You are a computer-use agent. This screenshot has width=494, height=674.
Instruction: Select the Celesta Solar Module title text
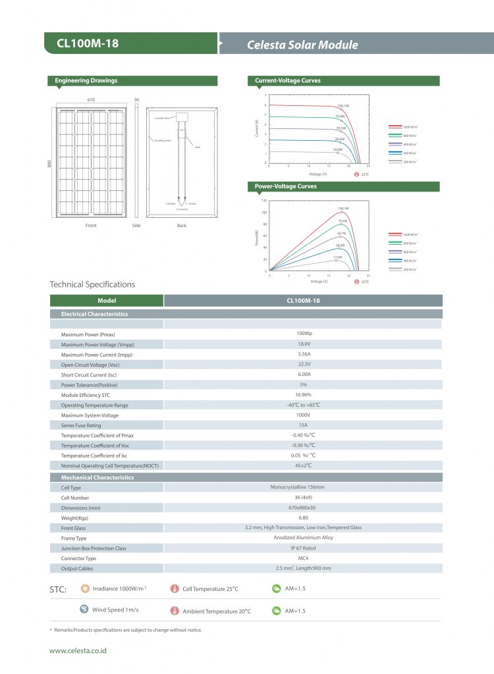point(302,45)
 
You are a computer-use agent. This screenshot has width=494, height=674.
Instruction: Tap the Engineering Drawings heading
point(86,81)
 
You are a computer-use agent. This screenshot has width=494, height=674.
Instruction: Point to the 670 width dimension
point(91,100)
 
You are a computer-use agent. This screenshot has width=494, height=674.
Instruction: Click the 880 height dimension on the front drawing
point(49,163)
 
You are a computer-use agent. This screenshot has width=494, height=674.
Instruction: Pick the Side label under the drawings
point(136,226)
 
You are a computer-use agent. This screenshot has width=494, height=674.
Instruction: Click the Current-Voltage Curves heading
point(288,81)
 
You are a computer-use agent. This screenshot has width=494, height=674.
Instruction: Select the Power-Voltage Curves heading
point(286,186)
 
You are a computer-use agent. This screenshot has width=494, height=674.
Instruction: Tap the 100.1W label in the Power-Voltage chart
point(343,209)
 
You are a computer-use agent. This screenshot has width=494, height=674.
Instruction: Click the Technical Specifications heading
point(92,284)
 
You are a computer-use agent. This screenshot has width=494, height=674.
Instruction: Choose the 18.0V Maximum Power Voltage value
point(304,344)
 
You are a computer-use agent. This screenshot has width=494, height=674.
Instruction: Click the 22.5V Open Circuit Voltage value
point(304,364)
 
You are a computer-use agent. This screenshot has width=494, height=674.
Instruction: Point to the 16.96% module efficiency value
point(303,394)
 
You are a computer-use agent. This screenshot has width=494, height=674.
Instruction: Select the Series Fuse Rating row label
point(81,425)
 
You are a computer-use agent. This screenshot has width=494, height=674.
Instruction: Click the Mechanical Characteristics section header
point(97,477)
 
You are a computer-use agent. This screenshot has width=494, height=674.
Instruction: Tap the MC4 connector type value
point(303,558)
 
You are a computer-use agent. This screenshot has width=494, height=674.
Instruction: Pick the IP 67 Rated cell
point(303,548)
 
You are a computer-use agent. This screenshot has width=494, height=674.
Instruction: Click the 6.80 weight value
point(303,518)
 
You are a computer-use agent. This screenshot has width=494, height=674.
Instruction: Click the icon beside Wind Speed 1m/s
point(84,609)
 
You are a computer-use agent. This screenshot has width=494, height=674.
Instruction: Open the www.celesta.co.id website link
point(78,650)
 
